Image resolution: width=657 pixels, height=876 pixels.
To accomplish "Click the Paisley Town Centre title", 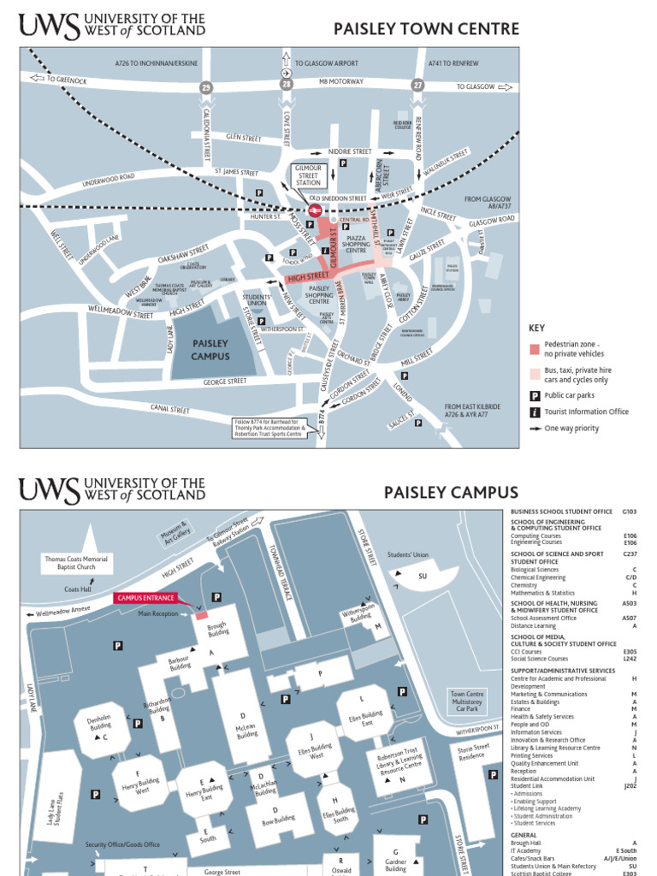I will (x=426, y=29).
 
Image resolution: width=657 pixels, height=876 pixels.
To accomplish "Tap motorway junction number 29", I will (x=205, y=88).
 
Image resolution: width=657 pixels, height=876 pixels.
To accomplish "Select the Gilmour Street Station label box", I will (x=308, y=175).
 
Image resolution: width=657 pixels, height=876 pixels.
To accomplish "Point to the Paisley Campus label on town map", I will (x=210, y=351).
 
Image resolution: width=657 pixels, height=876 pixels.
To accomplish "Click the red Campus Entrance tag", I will (x=145, y=598).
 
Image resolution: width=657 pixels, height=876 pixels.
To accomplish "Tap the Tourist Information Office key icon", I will (x=535, y=411).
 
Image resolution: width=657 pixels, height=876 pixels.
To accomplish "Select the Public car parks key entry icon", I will (x=535, y=395).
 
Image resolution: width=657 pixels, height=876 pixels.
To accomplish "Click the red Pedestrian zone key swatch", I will (x=535, y=348).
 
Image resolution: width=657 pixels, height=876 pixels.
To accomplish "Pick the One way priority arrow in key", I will (x=535, y=429).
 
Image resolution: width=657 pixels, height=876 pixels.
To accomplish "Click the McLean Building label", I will (x=247, y=728).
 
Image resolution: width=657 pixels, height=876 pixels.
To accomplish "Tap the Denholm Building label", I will (x=99, y=721).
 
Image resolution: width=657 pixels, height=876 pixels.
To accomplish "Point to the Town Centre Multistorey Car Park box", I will (x=467, y=701).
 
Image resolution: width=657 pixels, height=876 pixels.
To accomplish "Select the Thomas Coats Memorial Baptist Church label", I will (x=77, y=562).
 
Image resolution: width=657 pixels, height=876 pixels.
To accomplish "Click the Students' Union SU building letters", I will (x=422, y=576).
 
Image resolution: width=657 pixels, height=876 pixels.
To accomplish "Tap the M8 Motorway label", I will (x=341, y=81).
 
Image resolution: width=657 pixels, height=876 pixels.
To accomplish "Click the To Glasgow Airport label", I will (x=327, y=63).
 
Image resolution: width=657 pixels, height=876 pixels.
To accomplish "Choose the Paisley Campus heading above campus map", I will (x=451, y=492).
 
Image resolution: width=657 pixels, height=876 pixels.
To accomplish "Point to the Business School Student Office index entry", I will (x=561, y=512).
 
